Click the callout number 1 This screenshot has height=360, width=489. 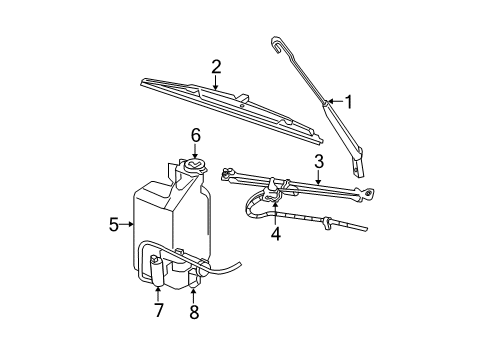[349, 101]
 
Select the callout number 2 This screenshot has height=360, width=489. [215, 66]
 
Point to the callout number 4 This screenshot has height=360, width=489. [274, 235]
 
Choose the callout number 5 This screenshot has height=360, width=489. [113, 225]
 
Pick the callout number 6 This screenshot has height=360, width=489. [196, 135]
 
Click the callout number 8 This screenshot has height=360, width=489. [194, 312]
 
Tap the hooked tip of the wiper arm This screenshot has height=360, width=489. [276, 42]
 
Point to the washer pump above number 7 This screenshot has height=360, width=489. [157, 267]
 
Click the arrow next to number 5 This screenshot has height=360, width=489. [127, 225]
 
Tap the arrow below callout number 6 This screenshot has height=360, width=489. [196, 151]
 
